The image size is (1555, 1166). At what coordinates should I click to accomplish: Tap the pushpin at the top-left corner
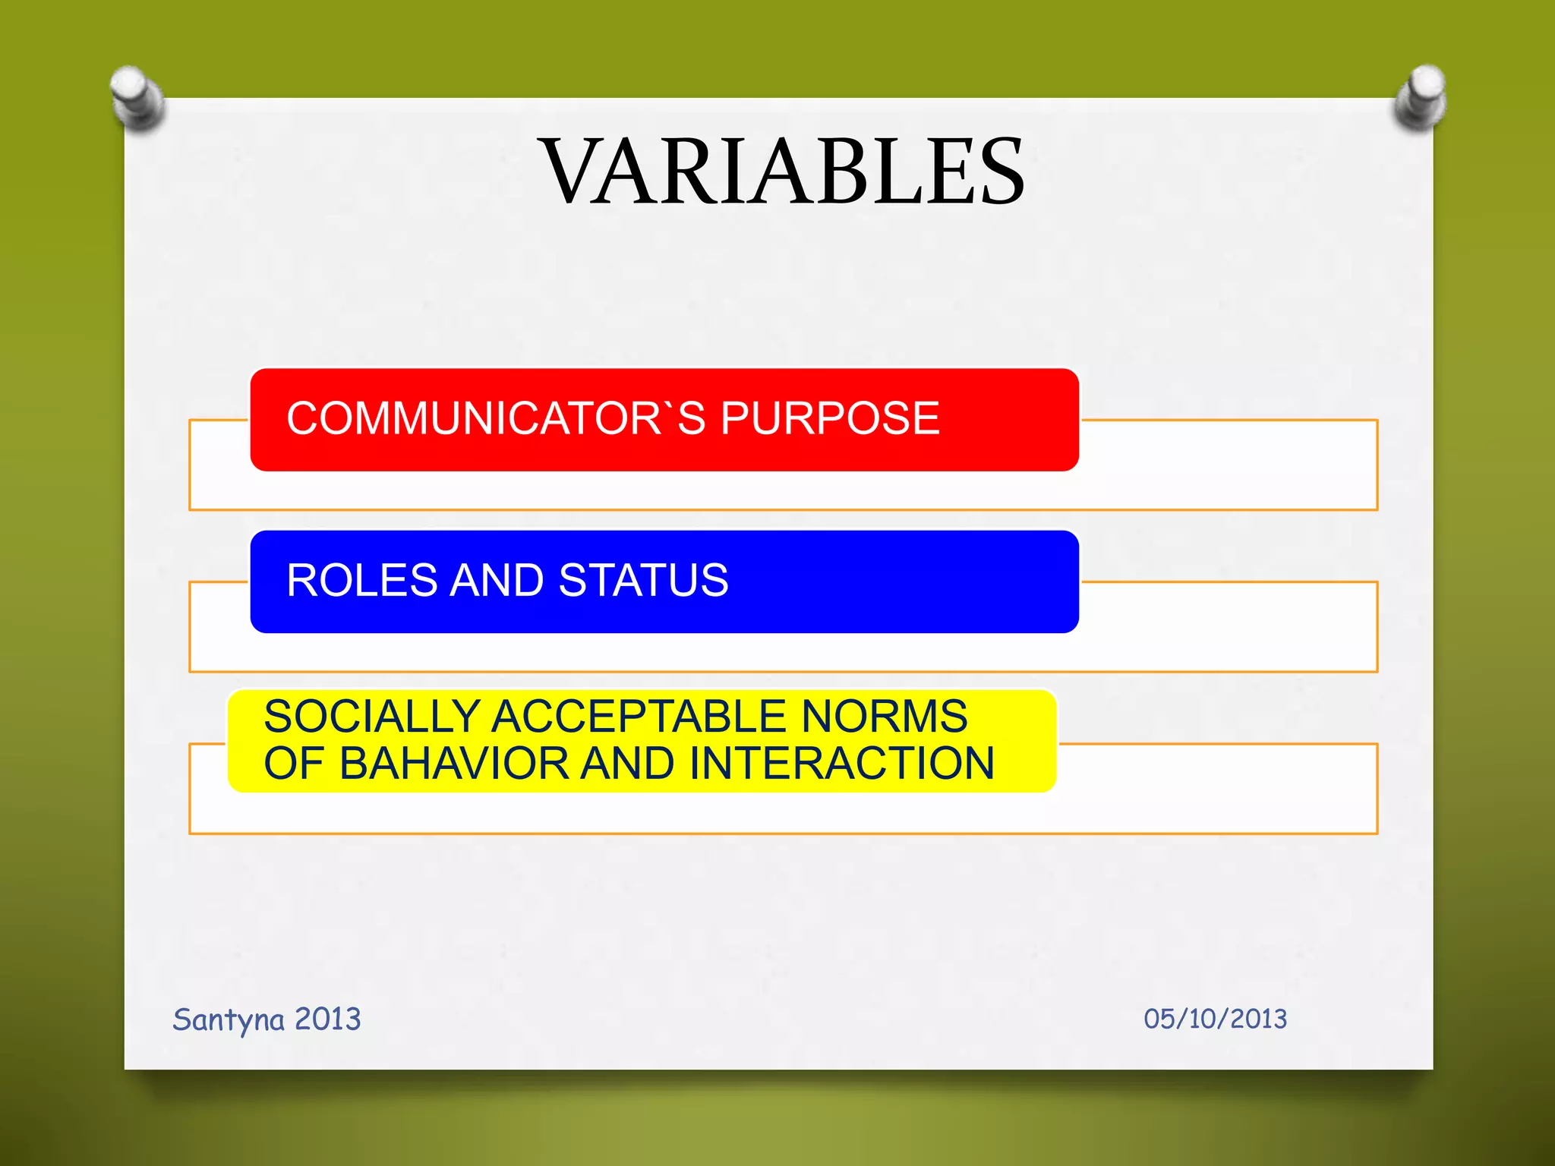pos(137,97)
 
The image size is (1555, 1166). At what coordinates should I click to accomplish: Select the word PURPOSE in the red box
pos(829,418)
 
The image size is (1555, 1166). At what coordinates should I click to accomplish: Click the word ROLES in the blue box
pos(361,581)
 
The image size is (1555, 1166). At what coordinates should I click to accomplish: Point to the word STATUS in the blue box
pos(643,581)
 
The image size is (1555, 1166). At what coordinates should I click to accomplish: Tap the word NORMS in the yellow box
pos(885,717)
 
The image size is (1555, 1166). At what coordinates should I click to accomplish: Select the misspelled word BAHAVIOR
pos(454,764)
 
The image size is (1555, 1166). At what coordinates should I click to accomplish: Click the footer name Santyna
pos(229,1019)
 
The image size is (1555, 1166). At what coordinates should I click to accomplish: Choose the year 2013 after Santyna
pos(327,1019)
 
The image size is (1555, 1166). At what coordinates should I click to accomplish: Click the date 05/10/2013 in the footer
pos(1215,1019)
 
